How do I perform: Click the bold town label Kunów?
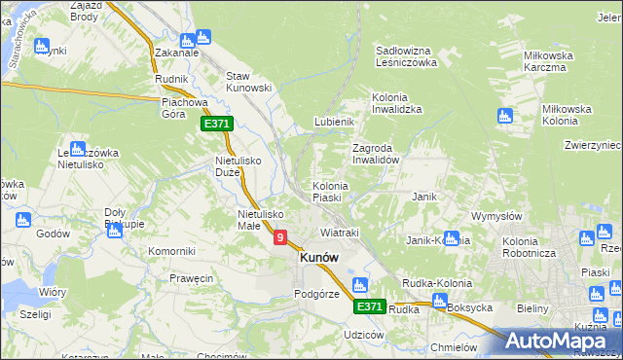coord(319,258)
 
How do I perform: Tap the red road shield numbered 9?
coord(280,236)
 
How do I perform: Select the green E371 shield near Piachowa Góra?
coord(216,124)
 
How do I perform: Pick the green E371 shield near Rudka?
coord(368,306)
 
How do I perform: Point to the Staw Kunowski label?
coord(247,82)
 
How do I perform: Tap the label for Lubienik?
coord(332,122)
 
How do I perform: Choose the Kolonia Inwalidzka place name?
coord(396,103)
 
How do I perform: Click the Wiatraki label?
coord(340,233)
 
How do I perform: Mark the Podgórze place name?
coord(316,294)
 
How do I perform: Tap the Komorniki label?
coord(171,251)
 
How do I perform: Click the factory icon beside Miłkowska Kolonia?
coord(504,117)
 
